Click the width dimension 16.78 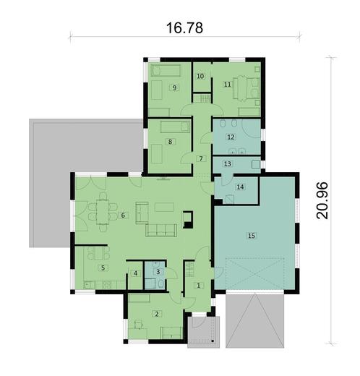click(x=184, y=27)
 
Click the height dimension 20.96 click(x=322, y=200)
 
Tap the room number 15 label click(x=251, y=236)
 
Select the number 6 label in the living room click(x=123, y=215)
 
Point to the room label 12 click(x=231, y=137)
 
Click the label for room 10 click(x=200, y=76)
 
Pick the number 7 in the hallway click(x=201, y=158)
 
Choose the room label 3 click(x=158, y=272)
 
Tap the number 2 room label click(x=157, y=314)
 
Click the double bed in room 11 click(x=247, y=88)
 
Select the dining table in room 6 click(x=103, y=212)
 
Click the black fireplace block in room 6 click(x=188, y=219)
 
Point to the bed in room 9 click(x=166, y=70)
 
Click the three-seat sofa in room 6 click(x=161, y=230)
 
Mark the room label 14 click(x=240, y=187)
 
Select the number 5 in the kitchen click(x=103, y=268)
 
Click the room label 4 click(x=135, y=273)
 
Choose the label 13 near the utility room click(x=227, y=164)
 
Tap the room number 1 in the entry click(x=199, y=286)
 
